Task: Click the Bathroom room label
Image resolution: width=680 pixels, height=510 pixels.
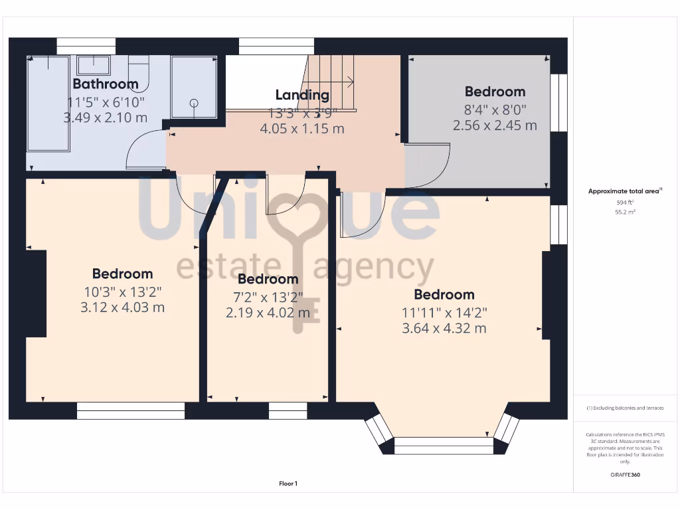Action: click(105, 84)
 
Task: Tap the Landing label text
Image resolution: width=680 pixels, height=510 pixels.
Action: click(302, 95)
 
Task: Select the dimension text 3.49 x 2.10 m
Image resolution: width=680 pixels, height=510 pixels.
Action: click(105, 118)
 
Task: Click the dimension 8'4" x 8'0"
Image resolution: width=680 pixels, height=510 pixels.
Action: click(495, 109)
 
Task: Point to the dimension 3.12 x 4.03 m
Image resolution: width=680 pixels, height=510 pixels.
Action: click(122, 307)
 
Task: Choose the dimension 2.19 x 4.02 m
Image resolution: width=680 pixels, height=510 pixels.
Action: click(268, 312)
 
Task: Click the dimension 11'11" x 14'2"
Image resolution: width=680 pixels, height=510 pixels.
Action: click(444, 312)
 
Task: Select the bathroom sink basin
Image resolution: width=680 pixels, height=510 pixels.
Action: click(94, 65)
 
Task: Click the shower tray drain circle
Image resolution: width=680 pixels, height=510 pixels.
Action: click(195, 103)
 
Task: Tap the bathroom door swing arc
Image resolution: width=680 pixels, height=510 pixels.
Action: click(143, 149)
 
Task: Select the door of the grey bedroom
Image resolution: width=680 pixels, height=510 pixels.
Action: click(428, 166)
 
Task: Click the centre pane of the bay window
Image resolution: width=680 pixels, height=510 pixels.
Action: click(444, 445)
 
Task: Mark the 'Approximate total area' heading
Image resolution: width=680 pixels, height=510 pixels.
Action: click(624, 191)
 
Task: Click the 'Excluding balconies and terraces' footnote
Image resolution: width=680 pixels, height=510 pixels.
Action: click(625, 408)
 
